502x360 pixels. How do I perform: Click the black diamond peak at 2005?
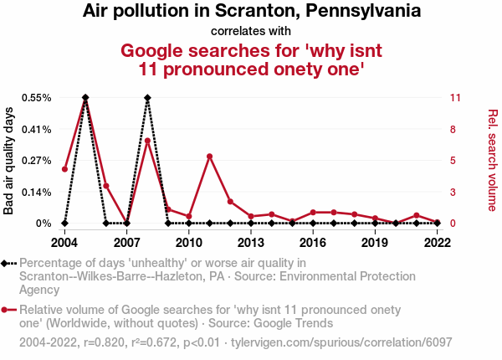click(85, 98)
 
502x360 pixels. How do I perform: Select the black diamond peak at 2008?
click(147, 98)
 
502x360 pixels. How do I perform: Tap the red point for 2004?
click(64, 169)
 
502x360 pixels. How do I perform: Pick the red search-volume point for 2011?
click(209, 157)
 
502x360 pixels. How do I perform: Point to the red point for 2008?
click(147, 141)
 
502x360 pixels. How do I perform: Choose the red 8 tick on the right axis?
click(453, 130)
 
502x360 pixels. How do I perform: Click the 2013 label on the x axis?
click(250, 243)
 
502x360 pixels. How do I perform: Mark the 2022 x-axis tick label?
click(437, 243)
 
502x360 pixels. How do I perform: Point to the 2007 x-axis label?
click(126, 243)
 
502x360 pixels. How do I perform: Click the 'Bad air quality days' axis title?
click(9, 161)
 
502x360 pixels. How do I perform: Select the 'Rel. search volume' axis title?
click(492, 160)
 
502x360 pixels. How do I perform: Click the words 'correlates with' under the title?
click(251, 31)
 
